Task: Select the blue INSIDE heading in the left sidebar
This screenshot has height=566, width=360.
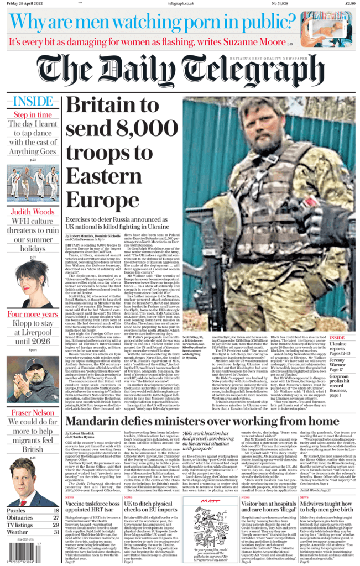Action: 32,102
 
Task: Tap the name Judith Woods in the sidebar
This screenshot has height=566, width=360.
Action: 32,212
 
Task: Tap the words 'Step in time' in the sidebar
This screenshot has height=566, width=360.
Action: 32,115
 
